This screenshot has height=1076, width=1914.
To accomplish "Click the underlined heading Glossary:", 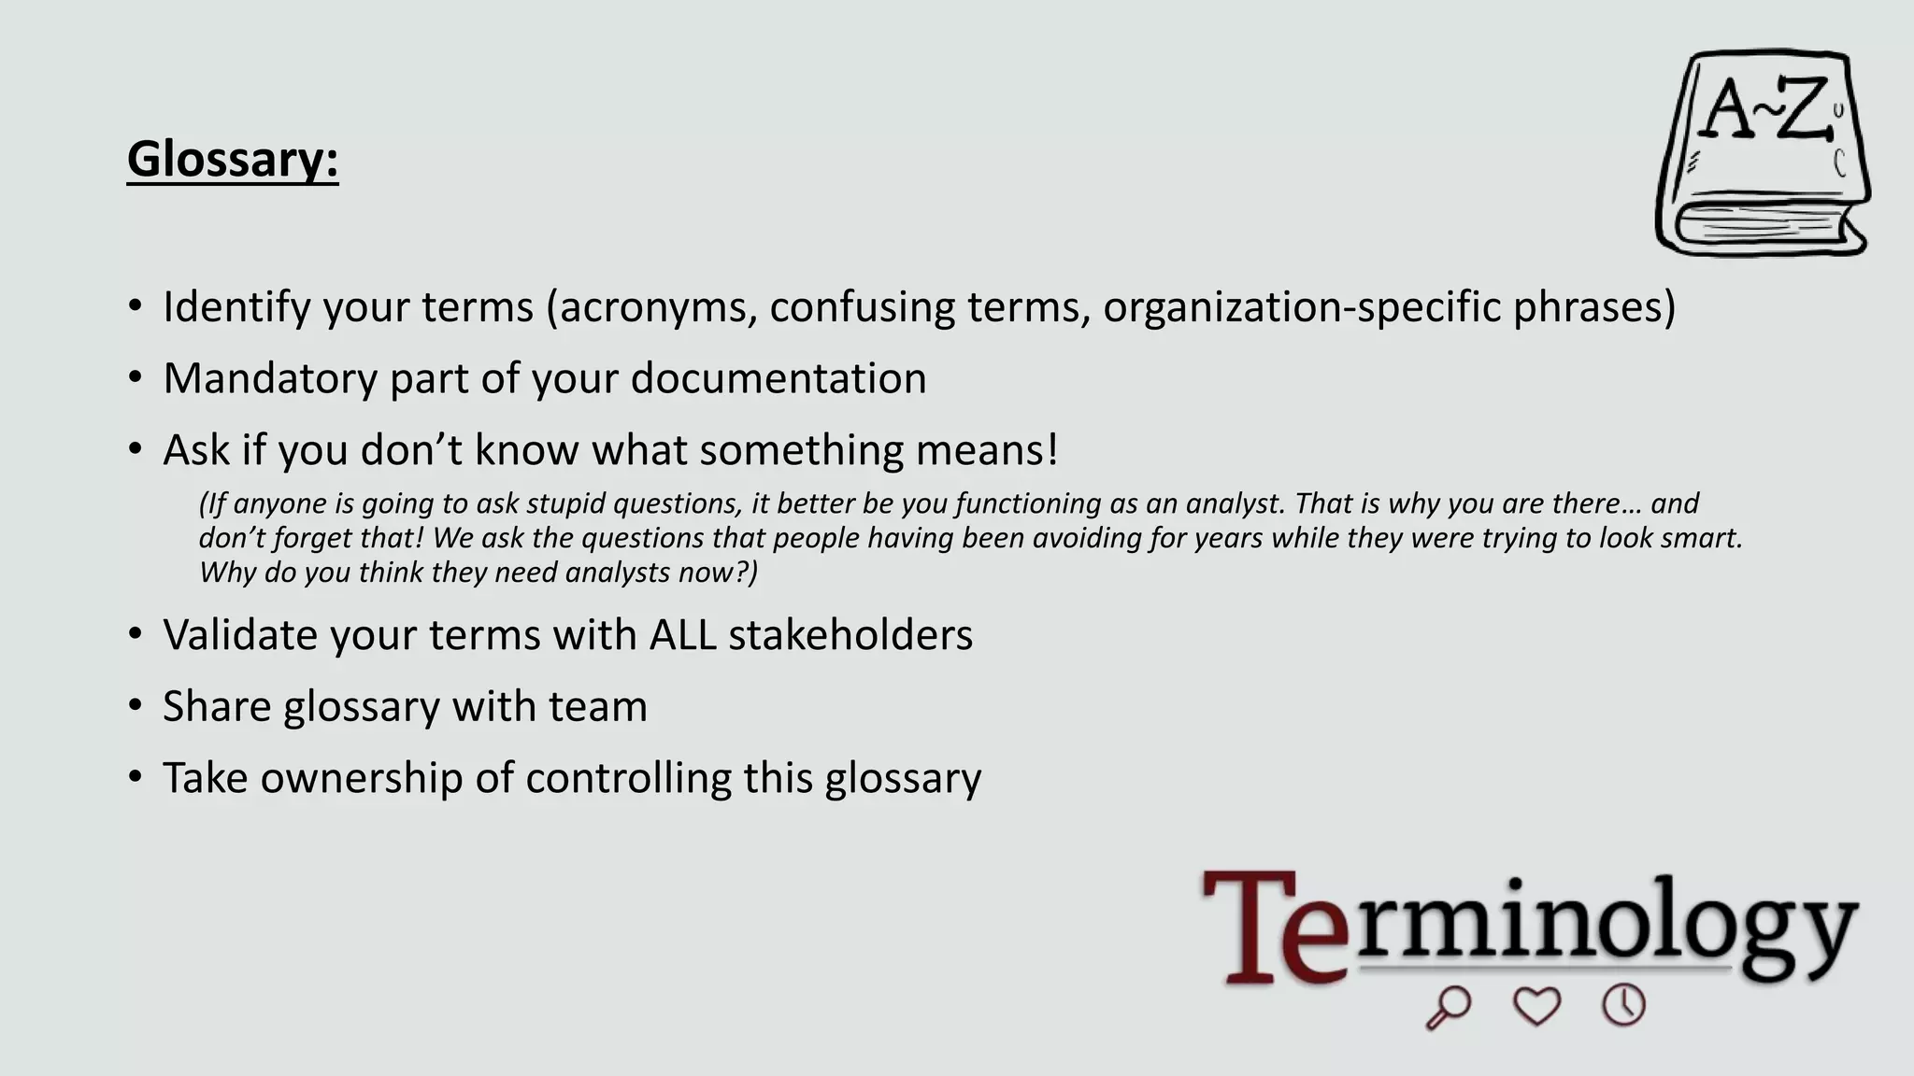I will tap(233, 159).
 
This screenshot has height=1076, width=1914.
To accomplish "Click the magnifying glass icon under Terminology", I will tap(1448, 1008).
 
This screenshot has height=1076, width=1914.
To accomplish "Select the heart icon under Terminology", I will tap(1536, 1006).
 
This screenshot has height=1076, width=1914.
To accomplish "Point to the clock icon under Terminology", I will tap(1624, 1005).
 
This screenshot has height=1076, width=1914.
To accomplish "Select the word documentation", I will tap(778, 378).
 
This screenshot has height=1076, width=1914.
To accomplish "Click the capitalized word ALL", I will tap(682, 635).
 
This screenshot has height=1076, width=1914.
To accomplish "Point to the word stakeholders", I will tap(850, 635).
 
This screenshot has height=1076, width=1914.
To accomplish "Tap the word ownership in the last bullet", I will tap(361, 778).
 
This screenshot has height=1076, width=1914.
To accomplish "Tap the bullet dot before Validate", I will tap(136, 634).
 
